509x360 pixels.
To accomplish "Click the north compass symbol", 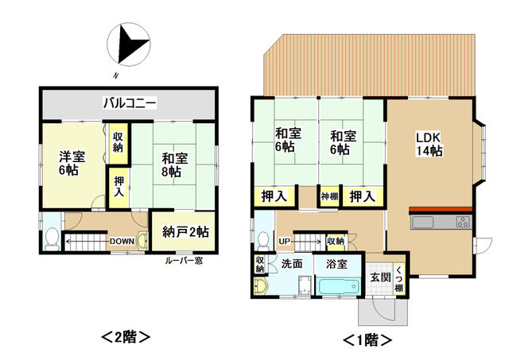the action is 129,45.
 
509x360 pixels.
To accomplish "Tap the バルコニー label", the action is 130,103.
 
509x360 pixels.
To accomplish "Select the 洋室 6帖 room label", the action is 72,163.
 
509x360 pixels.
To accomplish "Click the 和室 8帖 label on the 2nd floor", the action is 175,165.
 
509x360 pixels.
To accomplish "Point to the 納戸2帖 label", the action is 185,232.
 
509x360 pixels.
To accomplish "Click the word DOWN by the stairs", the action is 122,242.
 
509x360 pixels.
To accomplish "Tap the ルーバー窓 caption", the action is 184,261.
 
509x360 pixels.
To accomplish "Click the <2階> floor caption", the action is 126,337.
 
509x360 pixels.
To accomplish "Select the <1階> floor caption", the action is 367,340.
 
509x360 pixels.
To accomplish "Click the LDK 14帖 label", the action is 429,145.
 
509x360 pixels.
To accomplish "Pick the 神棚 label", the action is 329,196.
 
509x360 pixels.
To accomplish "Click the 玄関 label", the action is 381,277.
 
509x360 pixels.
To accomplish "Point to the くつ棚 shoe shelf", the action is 399,279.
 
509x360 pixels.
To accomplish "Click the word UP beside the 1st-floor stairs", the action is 285,242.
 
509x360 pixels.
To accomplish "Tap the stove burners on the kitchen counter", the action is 463,222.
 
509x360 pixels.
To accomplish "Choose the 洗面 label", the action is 292,264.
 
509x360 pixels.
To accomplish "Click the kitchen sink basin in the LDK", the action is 422,223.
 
